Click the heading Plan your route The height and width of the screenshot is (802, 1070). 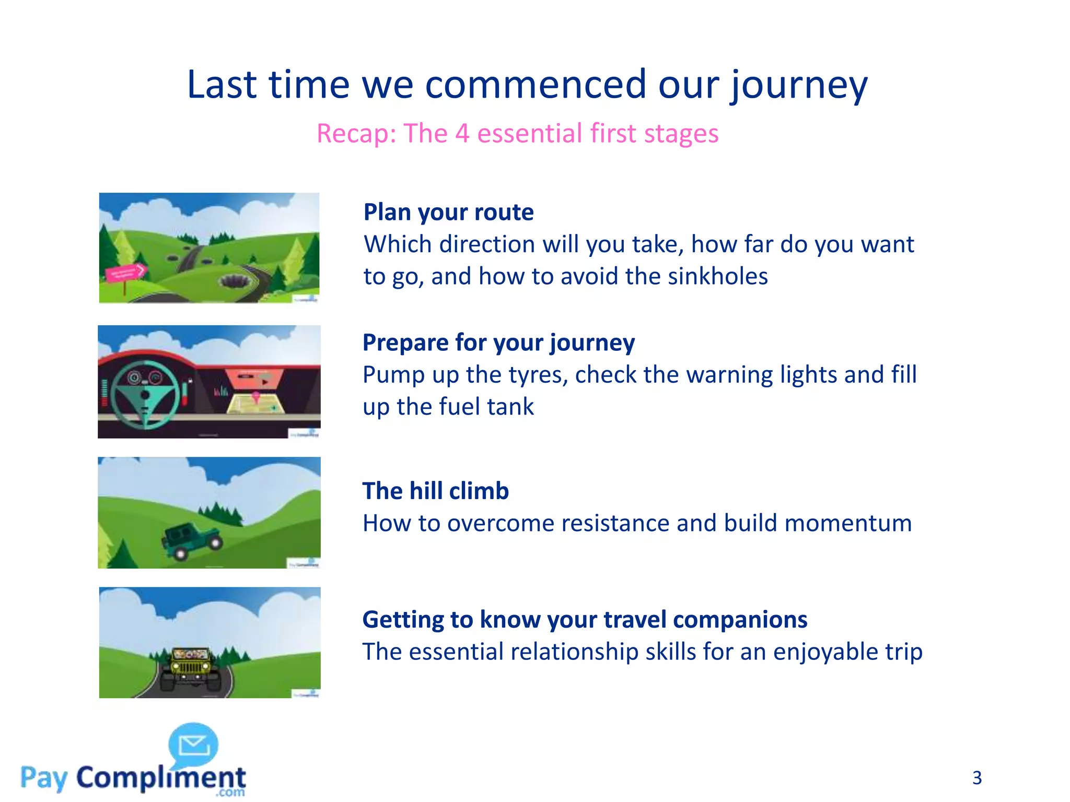pos(448,213)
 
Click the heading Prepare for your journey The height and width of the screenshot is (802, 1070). pos(498,343)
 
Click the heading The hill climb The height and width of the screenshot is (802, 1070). pos(435,491)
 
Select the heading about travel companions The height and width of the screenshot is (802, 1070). pos(585,620)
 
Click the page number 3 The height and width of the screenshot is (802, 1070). pos(976,778)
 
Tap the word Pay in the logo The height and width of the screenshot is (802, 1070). pos(44,778)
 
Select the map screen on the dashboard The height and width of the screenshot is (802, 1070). pos(255,403)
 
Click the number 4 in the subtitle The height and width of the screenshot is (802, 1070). pos(462,134)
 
